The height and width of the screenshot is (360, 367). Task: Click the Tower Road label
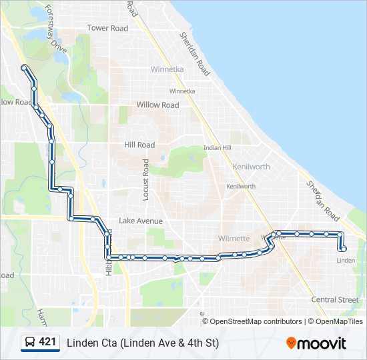click(107, 28)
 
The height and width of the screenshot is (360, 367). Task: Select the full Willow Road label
click(157, 105)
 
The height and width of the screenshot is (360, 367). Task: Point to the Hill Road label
click(139, 145)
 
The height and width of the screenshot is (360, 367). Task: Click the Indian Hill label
click(218, 147)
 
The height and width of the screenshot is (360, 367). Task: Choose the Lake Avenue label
click(141, 221)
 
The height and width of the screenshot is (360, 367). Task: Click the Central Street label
click(334, 300)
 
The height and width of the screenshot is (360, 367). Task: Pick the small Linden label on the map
click(346, 260)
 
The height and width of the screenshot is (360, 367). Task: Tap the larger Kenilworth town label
click(251, 166)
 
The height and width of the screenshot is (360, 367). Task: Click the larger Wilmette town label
click(234, 238)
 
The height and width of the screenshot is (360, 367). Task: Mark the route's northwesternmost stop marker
click(24, 67)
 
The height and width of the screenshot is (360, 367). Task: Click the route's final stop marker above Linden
click(343, 249)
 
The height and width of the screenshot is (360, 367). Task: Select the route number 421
click(47, 342)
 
